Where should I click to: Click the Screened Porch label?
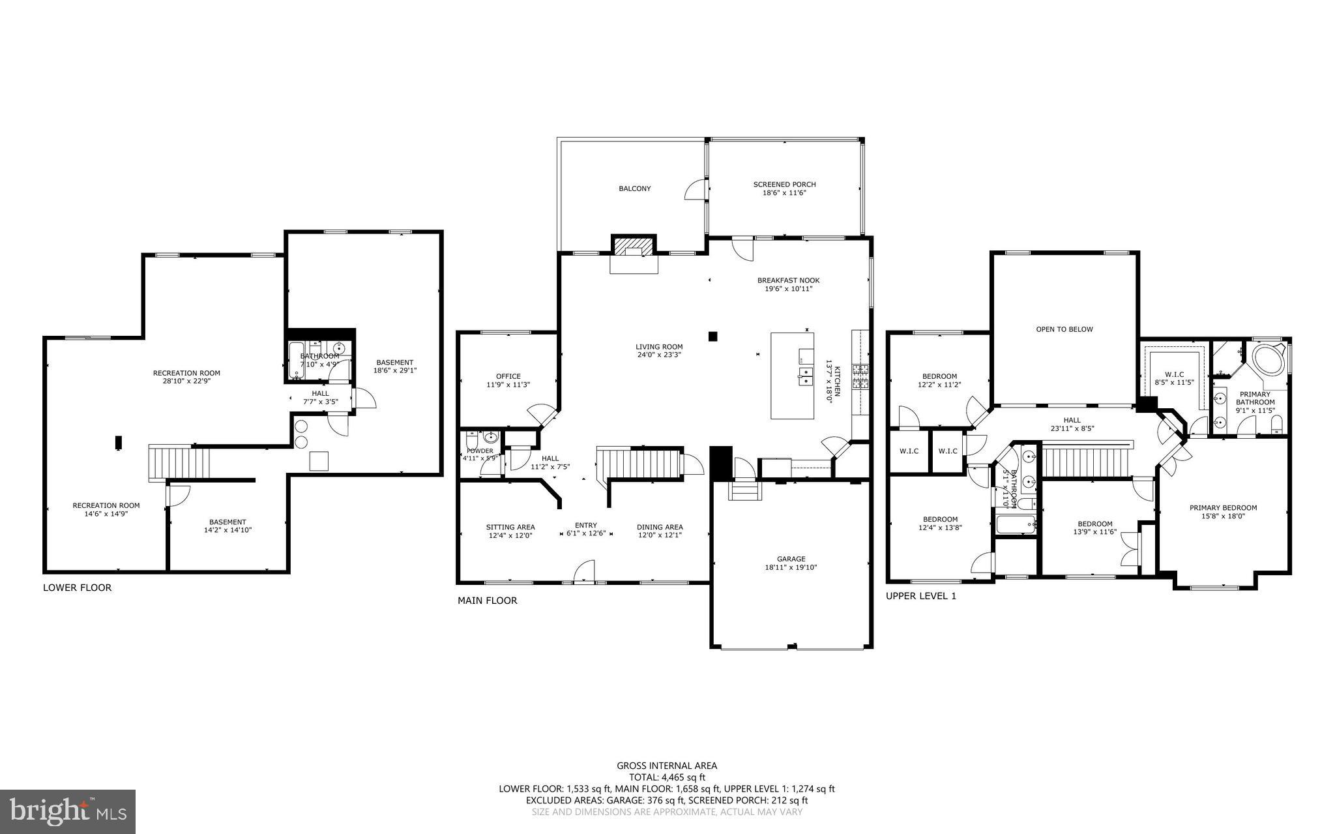(x=784, y=188)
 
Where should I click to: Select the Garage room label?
(x=791, y=563)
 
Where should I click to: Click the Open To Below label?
(x=1064, y=329)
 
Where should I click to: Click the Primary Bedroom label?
(x=1223, y=512)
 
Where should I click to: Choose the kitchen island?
(x=792, y=376)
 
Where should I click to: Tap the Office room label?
(x=508, y=380)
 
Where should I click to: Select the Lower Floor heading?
(x=77, y=588)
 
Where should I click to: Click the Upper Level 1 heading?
(x=920, y=596)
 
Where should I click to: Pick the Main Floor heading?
(x=487, y=601)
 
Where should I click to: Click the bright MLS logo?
(x=68, y=811)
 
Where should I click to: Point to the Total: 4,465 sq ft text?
(x=666, y=777)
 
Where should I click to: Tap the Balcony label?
(x=634, y=188)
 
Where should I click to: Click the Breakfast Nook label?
(x=788, y=284)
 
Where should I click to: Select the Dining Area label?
(x=660, y=531)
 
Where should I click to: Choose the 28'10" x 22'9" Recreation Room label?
(x=186, y=377)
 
